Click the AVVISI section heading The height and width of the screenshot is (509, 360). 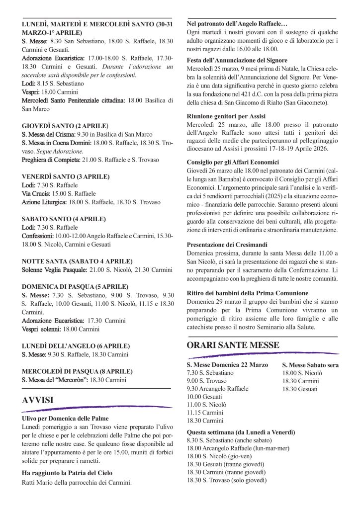[38, 399]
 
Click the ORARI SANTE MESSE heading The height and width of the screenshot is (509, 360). [233, 344]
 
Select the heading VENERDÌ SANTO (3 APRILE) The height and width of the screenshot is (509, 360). [66, 176]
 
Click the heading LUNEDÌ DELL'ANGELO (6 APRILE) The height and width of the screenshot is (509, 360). [76, 345]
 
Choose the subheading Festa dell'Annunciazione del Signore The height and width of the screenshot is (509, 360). [237, 60]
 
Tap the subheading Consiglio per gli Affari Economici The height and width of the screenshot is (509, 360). [233, 162]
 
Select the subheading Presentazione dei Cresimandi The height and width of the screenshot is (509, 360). [227, 245]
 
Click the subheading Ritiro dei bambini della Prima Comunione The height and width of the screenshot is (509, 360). [247, 293]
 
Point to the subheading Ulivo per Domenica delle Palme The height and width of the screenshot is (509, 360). [65, 419]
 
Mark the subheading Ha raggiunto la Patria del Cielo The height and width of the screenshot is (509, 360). [67, 473]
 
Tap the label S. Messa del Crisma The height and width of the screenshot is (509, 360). [48, 134]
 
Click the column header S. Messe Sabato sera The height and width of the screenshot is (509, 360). [311, 365]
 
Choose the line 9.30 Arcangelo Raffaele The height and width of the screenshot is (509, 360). [217, 389]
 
